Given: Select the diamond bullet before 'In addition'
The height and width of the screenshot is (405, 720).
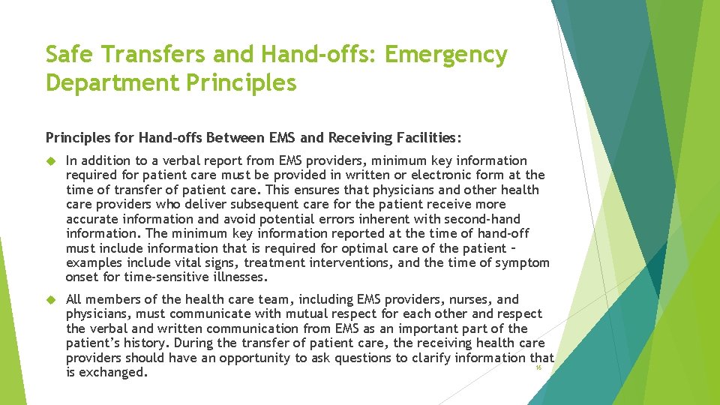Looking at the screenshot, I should tap(52, 160).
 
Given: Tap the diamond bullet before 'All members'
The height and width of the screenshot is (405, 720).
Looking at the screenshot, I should tap(52, 300).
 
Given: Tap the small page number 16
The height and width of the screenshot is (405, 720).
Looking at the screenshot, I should tap(538, 368).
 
